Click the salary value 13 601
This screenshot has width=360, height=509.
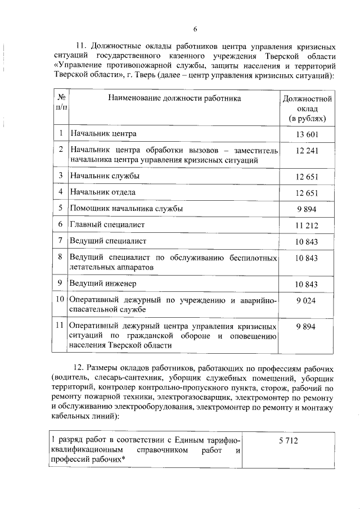tap(307, 133)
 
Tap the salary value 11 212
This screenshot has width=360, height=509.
tap(307, 224)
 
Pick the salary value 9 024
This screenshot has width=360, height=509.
tap(307, 300)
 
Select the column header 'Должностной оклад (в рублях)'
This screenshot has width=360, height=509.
tap(307, 109)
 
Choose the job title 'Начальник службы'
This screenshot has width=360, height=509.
tap(104, 175)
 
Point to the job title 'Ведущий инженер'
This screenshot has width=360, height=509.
tap(102, 283)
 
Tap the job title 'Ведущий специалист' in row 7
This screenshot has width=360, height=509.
tap(108, 241)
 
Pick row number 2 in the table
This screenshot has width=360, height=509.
tap(60, 150)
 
